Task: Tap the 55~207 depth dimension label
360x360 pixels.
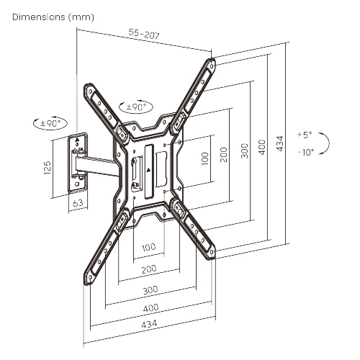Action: [145, 33]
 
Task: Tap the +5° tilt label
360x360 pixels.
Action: [305, 135]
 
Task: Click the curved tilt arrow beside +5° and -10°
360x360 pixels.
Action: [326, 143]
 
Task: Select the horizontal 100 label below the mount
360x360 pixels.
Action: [148, 248]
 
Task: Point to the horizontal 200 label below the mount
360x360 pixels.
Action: [148, 269]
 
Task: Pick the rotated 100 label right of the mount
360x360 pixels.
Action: [205, 157]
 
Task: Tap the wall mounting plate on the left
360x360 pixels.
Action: [77, 163]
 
